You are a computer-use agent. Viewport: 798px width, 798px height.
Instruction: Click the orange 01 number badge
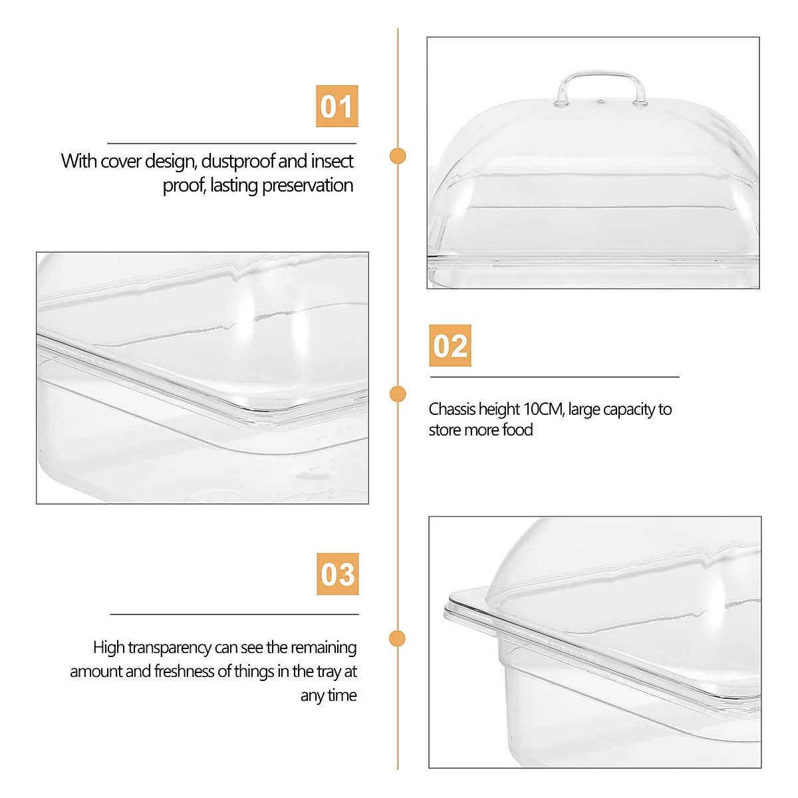point(336,106)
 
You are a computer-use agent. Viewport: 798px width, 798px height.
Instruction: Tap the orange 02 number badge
point(450,346)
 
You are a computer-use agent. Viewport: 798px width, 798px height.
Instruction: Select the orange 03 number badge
point(337,574)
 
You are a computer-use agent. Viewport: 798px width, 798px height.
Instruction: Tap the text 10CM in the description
point(543,410)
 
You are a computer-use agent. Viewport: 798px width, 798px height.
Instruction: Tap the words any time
point(329,696)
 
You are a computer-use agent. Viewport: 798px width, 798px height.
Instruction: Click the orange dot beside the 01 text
point(398,156)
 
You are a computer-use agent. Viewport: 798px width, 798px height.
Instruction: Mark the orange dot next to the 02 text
point(398,394)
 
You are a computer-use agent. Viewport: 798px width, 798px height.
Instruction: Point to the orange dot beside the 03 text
point(398,639)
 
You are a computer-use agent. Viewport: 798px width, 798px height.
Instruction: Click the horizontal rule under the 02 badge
point(554,377)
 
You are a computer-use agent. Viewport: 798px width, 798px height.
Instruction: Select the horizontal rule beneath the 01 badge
point(231,143)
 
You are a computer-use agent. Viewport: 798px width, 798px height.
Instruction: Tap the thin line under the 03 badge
point(234,614)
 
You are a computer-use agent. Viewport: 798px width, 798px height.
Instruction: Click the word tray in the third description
point(329,672)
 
